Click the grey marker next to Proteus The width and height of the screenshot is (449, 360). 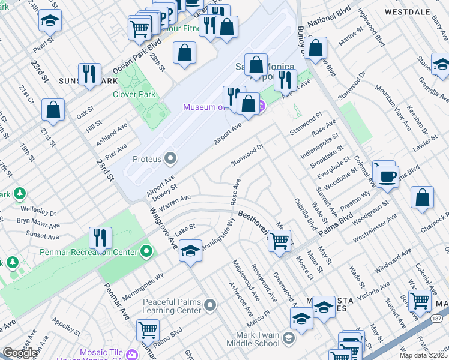click(x=171, y=159)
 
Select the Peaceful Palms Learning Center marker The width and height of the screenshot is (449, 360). click(x=209, y=306)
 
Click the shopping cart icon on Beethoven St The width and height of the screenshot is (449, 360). click(x=279, y=241)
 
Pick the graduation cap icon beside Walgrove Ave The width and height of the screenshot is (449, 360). click(x=190, y=250)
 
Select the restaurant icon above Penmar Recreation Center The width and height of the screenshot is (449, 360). click(x=100, y=238)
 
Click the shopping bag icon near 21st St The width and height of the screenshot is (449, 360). click(x=53, y=110)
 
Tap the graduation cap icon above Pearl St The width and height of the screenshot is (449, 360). click(x=50, y=20)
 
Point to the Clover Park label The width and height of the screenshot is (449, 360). click(x=134, y=94)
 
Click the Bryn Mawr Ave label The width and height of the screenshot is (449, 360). click(x=38, y=224)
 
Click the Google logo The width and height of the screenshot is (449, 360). click(x=20, y=353)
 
